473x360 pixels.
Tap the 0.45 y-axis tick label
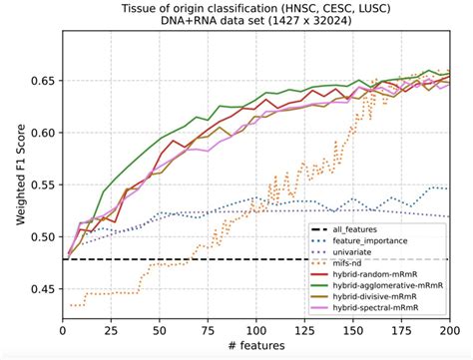coord(45,289)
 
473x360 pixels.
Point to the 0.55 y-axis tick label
coord(45,184)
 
